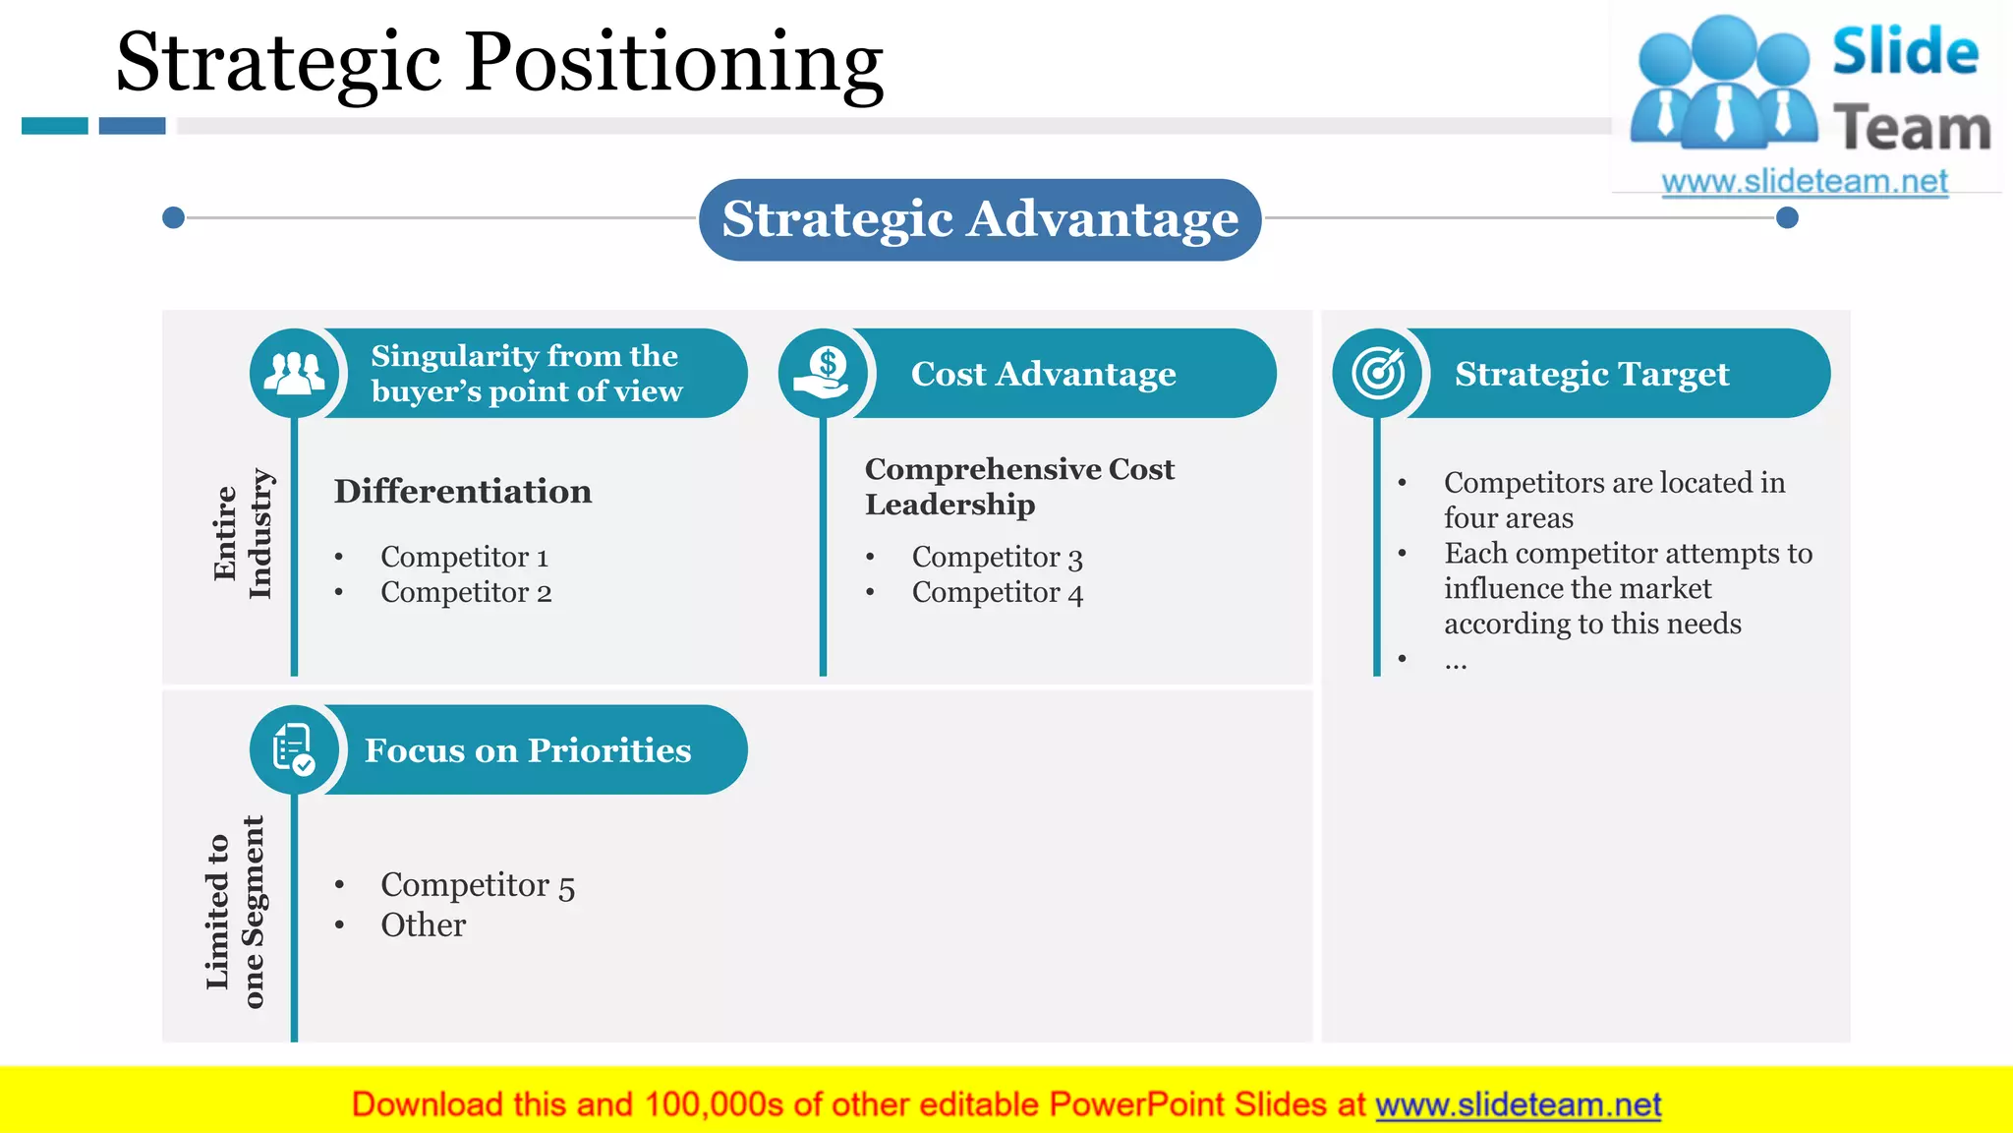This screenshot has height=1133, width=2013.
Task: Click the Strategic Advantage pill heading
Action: click(x=980, y=219)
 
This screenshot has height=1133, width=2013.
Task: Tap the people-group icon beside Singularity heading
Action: click(x=294, y=374)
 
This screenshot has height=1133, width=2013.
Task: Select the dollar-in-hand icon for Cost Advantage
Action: click(x=823, y=374)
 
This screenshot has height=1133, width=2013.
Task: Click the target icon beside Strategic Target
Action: click(x=1378, y=374)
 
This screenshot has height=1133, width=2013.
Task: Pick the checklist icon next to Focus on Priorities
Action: click(x=294, y=750)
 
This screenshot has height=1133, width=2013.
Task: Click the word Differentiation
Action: click(x=462, y=491)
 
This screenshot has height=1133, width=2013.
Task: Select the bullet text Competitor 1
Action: click(x=464, y=557)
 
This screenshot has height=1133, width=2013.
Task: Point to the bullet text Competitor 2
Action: click(x=466, y=592)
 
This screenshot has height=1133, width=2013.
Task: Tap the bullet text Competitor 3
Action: click(x=997, y=557)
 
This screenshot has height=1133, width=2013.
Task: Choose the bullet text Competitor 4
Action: click(x=997, y=592)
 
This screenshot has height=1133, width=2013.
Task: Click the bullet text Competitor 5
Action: click(x=478, y=885)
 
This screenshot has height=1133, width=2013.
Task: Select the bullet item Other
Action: click(x=423, y=925)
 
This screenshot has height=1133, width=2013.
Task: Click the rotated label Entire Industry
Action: click(x=242, y=533)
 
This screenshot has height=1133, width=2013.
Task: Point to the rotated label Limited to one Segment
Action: click(x=235, y=912)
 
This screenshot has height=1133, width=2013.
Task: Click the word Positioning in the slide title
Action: click(x=674, y=63)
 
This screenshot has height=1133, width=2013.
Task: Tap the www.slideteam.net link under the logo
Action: click(x=1804, y=182)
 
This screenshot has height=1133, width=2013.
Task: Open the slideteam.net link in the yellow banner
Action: click(x=1518, y=1105)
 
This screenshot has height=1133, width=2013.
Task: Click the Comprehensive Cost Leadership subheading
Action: click(x=1018, y=486)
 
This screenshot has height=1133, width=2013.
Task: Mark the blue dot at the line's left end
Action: click(x=173, y=217)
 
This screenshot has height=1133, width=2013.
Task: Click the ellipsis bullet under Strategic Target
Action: click(x=1456, y=664)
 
